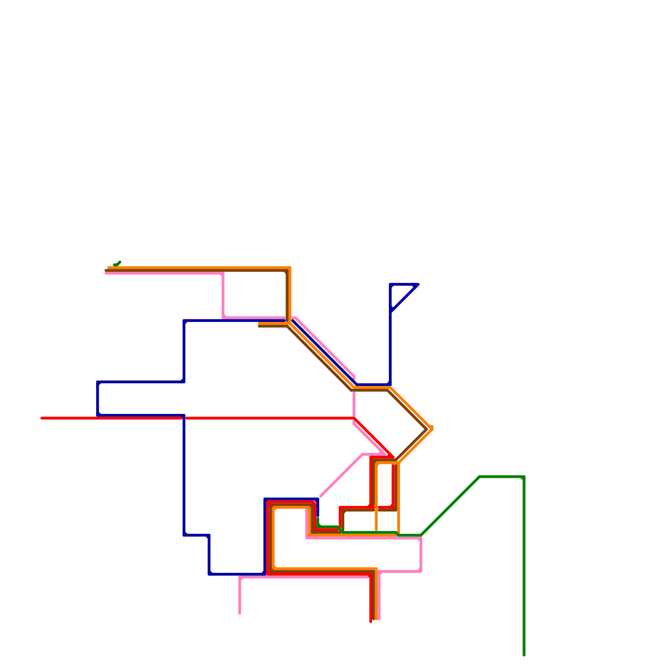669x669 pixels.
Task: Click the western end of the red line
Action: (x=42, y=418)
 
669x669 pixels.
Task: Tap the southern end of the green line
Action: (x=524, y=655)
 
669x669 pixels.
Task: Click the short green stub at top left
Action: (x=117, y=263)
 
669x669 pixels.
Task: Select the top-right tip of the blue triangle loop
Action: (x=418, y=285)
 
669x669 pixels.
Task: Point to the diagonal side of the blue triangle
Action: (x=405, y=298)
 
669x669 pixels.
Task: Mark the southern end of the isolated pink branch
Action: (x=240, y=613)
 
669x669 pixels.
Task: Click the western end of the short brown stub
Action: (x=260, y=326)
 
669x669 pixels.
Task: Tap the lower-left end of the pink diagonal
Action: (x=321, y=496)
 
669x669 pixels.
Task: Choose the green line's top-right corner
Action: (x=523, y=477)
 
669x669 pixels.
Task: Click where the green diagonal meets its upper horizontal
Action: (x=480, y=477)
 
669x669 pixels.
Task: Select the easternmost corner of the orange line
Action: (x=432, y=428)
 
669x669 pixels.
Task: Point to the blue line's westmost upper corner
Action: (x=98, y=382)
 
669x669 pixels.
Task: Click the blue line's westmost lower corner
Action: (x=98, y=415)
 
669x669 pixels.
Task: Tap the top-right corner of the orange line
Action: (x=289, y=268)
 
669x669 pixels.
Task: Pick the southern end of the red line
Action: (x=370, y=621)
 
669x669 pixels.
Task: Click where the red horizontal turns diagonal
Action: (x=355, y=418)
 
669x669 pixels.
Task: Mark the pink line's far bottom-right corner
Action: (x=421, y=571)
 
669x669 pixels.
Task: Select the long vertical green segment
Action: (x=524, y=564)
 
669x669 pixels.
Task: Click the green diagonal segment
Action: (x=450, y=506)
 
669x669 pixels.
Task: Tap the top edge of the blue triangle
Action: (x=404, y=284)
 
